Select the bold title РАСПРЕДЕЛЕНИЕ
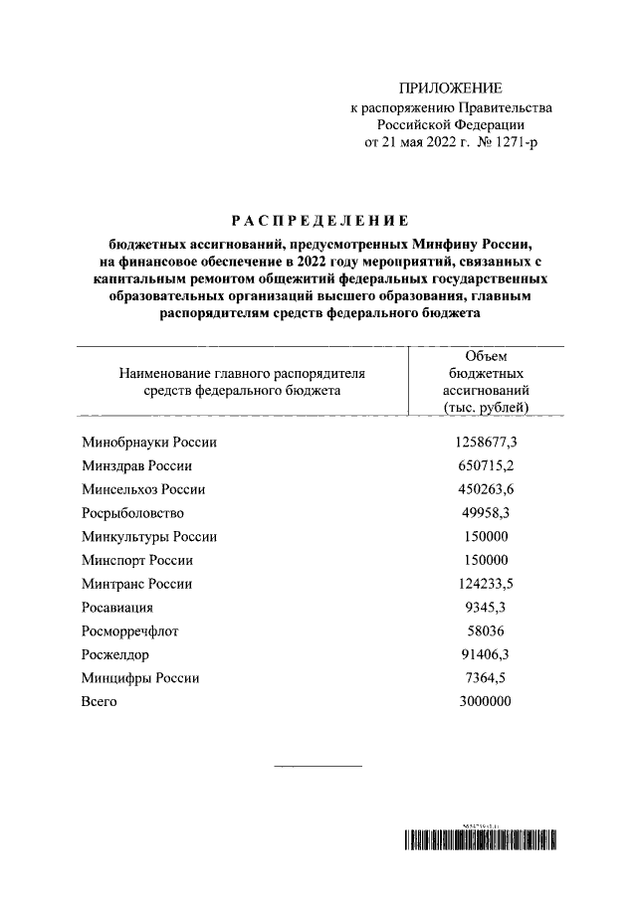click(x=318, y=219)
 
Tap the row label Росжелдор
click(x=114, y=655)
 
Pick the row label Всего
click(x=98, y=703)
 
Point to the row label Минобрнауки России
click(x=148, y=442)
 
